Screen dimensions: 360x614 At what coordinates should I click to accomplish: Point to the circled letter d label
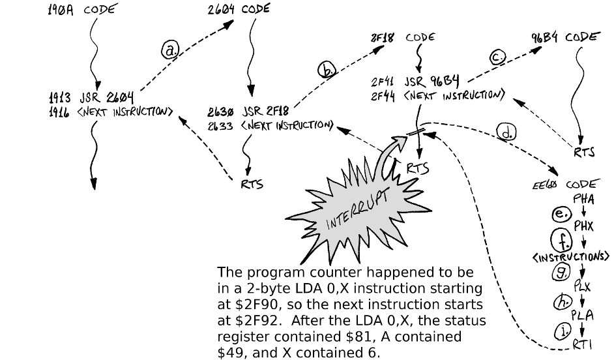coord(505,132)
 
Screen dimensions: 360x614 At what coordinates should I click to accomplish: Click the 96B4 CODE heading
coord(564,37)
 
